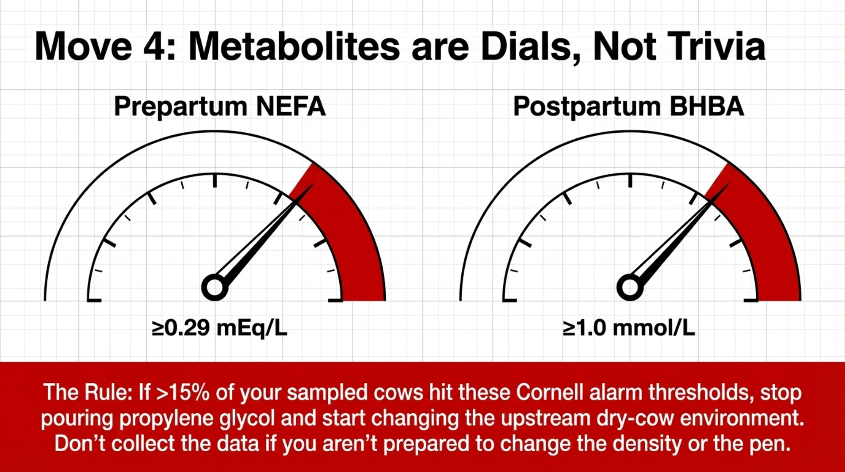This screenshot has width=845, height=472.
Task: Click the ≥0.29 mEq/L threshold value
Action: point(220,328)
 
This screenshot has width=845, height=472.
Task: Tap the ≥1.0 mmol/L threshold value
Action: point(629,328)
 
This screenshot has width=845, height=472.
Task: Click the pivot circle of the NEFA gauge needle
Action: point(215,288)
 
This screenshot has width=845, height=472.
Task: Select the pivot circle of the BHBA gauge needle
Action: point(630,288)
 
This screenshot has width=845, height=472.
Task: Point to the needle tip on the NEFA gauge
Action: point(314,183)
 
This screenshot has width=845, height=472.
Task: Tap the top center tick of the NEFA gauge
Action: point(215,180)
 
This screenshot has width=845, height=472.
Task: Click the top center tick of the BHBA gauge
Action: point(630,180)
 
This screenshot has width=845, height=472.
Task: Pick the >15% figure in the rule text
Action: point(183,392)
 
